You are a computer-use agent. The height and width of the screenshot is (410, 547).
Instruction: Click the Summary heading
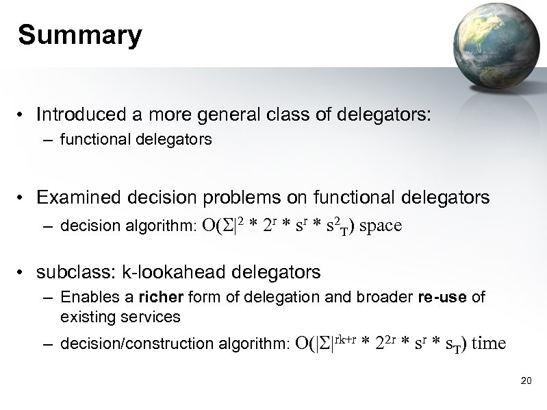(x=80, y=35)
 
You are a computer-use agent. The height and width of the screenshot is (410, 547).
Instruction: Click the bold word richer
(x=160, y=298)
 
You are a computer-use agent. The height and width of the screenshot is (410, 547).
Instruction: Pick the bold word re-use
(x=444, y=298)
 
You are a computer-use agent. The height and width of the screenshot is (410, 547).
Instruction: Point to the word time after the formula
(x=489, y=343)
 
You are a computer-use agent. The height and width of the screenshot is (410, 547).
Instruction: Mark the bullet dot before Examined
(x=23, y=199)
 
